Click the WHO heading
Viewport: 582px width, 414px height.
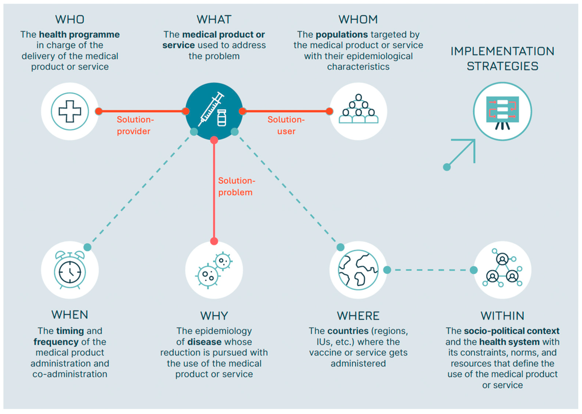[70, 20]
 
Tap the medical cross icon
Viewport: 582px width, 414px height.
[70, 111]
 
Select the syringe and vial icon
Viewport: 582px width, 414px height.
[214, 111]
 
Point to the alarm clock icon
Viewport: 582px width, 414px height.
[70, 270]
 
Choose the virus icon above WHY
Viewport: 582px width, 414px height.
[214, 270]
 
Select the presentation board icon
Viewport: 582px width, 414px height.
[502, 112]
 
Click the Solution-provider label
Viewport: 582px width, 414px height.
[135, 125]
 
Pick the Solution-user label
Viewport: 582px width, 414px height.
[286, 125]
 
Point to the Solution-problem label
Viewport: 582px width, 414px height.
[236, 186]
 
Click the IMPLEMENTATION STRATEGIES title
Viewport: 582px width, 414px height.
[502, 59]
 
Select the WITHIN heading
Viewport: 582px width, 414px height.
[502, 316]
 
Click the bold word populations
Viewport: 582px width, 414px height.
[342, 34]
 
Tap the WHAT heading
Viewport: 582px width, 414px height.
[214, 20]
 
